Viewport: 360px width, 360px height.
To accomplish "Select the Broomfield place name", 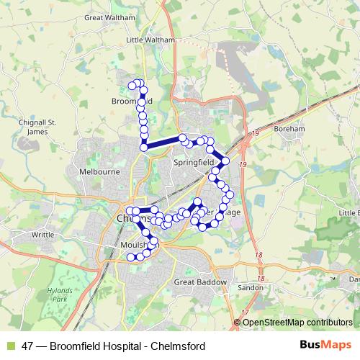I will pos(130,102).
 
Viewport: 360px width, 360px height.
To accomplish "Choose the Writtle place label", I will pos(43,235).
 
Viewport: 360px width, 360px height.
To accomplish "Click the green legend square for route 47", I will pos(9,346).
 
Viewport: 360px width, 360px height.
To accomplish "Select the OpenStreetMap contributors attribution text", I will pos(297,323).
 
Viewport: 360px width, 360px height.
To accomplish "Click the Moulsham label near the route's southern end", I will pos(130,246).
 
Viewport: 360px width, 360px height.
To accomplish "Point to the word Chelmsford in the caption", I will pos(179,346).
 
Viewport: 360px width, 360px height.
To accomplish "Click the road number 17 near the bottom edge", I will pos(245,312).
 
